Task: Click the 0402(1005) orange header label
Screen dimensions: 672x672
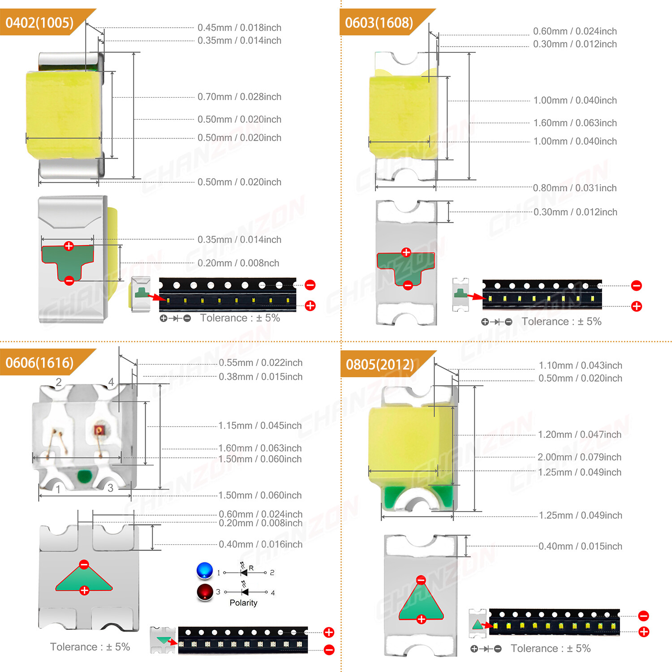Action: point(39,23)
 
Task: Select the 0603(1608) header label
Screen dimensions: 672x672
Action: point(379,23)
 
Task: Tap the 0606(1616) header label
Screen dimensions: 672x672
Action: point(39,362)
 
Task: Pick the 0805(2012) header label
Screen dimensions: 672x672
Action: point(380,364)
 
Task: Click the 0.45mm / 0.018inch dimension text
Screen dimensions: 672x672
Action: point(239,28)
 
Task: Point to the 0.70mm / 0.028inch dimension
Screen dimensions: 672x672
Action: point(239,97)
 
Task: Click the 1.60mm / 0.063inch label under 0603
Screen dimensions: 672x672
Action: point(575,123)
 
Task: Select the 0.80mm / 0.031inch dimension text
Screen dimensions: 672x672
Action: point(574,188)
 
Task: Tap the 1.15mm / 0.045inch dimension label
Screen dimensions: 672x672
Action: point(260,425)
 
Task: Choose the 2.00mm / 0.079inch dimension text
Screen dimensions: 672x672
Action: point(579,457)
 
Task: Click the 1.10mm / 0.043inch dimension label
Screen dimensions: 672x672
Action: point(580,365)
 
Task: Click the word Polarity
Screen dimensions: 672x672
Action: point(243,603)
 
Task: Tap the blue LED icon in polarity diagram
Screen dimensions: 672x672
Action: point(205,570)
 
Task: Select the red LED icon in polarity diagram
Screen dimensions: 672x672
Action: point(205,591)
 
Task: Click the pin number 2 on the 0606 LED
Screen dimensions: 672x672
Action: point(59,382)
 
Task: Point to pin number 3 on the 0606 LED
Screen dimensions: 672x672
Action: point(110,488)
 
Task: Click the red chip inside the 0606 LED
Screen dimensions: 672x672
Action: point(99,431)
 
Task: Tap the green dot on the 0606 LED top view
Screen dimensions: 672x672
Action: point(84,476)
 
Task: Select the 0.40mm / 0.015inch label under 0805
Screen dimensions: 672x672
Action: point(580,546)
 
